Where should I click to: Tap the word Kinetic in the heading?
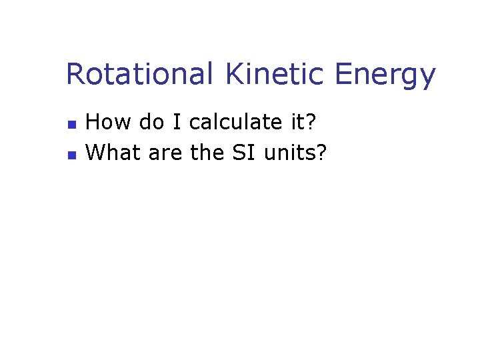(275, 74)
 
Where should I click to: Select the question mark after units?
(322, 153)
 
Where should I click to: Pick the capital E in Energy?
(344, 74)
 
